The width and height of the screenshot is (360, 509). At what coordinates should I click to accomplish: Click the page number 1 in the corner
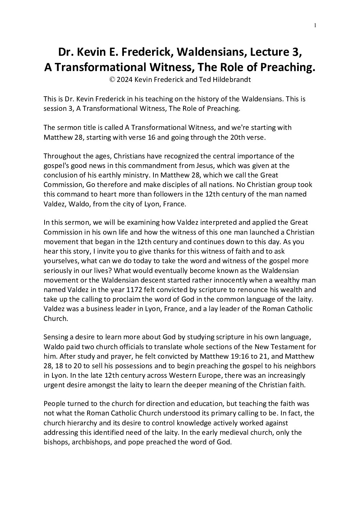tap(315, 25)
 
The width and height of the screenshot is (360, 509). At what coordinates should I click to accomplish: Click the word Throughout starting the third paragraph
tap(61, 156)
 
